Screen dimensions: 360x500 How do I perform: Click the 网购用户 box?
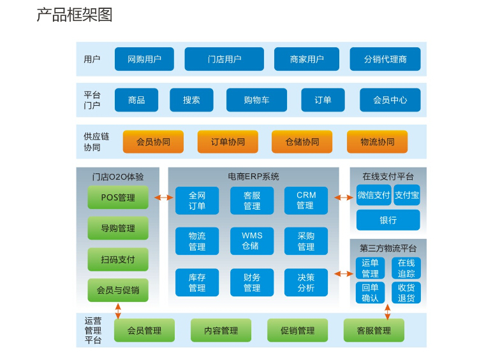coord(144,59)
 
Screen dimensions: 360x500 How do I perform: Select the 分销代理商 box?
coord(385,59)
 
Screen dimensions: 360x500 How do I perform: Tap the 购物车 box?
coord(256,100)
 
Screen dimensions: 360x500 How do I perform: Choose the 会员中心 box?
coord(390,100)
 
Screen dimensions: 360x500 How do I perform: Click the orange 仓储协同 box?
coord(302,141)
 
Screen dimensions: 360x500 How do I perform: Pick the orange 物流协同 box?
coord(378,141)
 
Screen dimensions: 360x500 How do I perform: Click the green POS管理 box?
coord(118,198)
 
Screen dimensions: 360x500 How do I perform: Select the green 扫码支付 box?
coord(118,259)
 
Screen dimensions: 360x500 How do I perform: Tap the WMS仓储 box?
coord(252,241)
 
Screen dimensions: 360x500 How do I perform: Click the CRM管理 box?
coord(306,201)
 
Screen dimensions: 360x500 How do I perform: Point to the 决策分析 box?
coord(306,282)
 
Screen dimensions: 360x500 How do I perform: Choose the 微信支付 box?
coord(373,195)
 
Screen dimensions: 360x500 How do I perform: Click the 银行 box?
coord(388,220)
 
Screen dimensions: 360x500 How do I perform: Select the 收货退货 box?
coord(406,292)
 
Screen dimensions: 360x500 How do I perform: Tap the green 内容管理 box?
coord(221,331)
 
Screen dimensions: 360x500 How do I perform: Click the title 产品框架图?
coord(75,15)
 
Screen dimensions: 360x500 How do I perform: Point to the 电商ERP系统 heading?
coord(253,176)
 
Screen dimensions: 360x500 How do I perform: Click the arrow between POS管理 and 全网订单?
coord(163,198)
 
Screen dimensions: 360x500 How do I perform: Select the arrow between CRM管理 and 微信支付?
coord(343,198)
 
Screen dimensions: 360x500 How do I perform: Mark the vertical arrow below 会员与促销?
coord(118,311)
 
